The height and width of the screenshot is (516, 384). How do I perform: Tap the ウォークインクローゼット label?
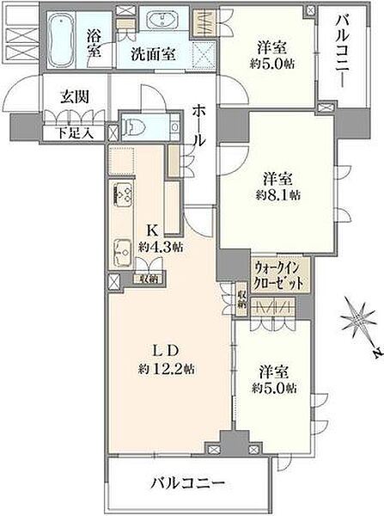(279, 273)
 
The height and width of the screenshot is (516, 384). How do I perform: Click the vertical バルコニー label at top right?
(341, 48)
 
